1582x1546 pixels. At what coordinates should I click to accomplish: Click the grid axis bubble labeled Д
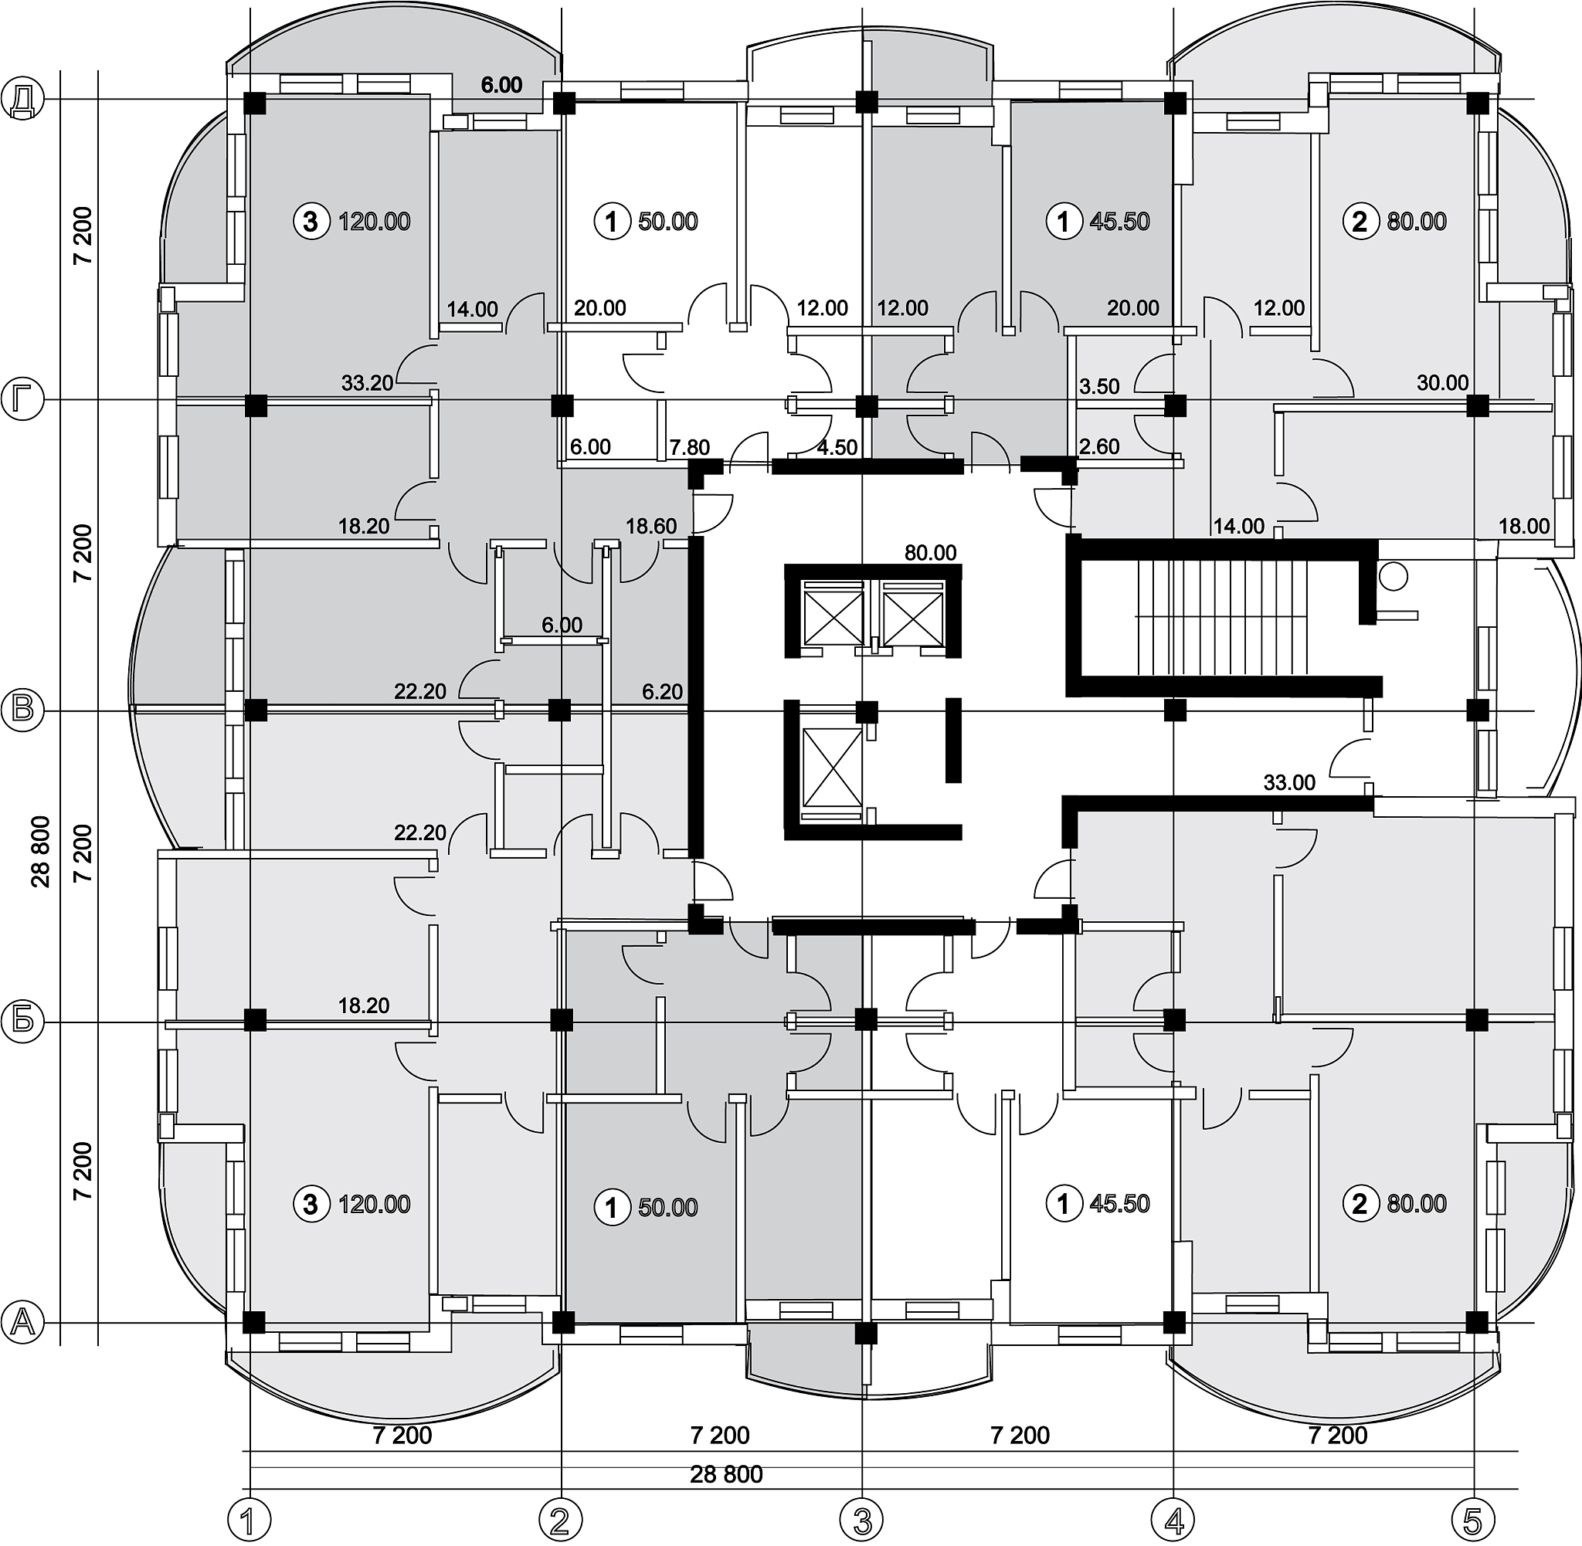[22, 100]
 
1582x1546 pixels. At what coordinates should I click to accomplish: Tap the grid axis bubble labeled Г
[22, 400]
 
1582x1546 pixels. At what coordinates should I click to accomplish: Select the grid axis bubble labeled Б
[22, 1021]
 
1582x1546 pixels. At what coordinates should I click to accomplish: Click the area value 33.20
[367, 383]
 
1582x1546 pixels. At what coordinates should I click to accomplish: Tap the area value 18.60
[651, 526]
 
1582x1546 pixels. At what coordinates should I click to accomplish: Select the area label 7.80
[690, 447]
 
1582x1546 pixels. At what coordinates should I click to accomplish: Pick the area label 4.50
[837, 447]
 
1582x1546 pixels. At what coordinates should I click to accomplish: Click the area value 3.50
[1100, 386]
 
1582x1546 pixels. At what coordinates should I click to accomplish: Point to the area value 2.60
[1100, 446]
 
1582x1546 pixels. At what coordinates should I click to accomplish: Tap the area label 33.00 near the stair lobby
[1290, 783]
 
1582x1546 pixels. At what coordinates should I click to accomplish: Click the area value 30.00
[1442, 382]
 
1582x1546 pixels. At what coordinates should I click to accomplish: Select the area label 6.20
[663, 692]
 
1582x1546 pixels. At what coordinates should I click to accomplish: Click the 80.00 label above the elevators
[931, 553]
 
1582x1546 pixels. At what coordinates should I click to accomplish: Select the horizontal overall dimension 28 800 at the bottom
[726, 1473]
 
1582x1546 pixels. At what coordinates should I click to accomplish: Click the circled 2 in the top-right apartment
[1360, 221]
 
